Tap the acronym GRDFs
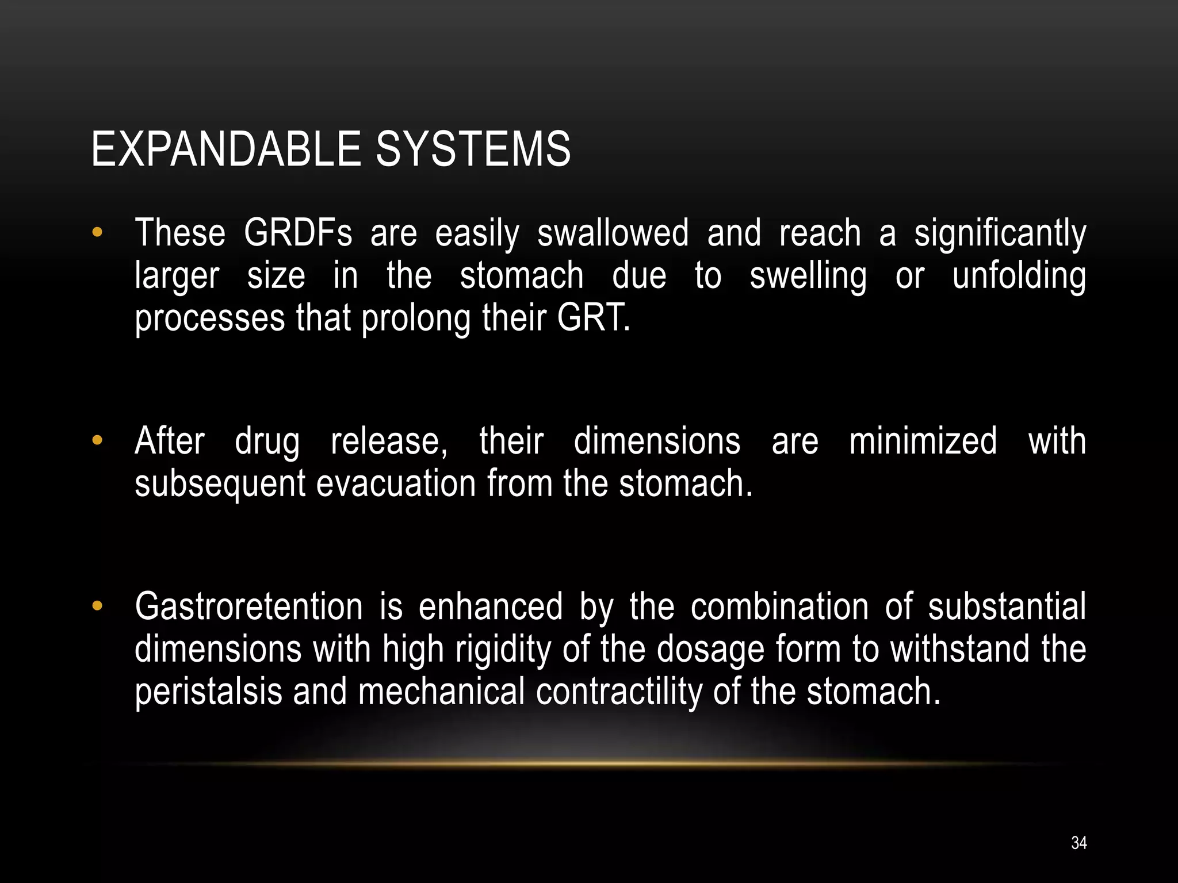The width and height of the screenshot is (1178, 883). click(x=297, y=233)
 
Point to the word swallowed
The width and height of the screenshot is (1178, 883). click(x=613, y=233)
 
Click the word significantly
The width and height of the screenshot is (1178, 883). click(x=1000, y=234)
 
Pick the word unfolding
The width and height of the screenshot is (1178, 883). click(x=1019, y=277)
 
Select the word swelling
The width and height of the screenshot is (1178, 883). click(x=808, y=277)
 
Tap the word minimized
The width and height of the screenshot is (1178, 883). click(x=923, y=441)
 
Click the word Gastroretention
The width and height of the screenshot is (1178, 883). click(x=248, y=606)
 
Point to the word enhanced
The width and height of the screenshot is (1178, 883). click(x=490, y=606)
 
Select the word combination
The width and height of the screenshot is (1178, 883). click(x=779, y=606)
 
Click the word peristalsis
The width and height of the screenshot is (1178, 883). click(x=208, y=692)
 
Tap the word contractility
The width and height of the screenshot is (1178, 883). click(x=619, y=692)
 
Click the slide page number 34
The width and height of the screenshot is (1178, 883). click(x=1078, y=843)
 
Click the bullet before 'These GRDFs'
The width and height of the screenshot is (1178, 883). click(x=97, y=233)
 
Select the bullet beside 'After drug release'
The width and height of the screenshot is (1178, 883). click(x=97, y=441)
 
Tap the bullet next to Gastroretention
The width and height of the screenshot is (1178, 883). click(x=97, y=606)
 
